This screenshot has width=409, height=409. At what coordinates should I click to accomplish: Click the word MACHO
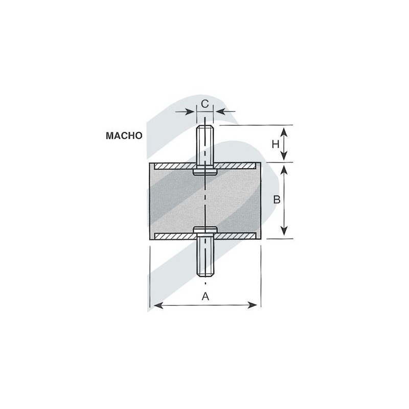[124, 135]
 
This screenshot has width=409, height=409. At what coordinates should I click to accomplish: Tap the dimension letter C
[205, 104]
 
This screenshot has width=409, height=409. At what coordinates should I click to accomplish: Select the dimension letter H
[276, 144]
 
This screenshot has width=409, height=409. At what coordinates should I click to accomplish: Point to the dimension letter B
[277, 199]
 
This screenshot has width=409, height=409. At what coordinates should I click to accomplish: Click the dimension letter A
[206, 297]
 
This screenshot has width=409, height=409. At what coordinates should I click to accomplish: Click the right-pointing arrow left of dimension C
[185, 111]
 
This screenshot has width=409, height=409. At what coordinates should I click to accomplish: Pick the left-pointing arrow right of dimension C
[225, 111]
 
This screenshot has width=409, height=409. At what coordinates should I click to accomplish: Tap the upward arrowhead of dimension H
[284, 132]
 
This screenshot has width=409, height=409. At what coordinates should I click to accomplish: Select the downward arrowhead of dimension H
[284, 155]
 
